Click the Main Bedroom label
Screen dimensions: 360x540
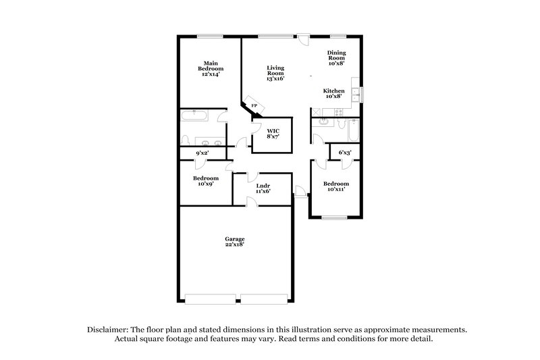pos(211,68)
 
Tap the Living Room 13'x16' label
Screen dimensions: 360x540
pos(275,73)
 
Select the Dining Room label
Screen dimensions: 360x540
pos(336,57)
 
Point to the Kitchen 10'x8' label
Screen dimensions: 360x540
pos(333,93)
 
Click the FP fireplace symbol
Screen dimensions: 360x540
pos(254,107)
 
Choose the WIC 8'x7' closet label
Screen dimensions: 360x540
pos(273,132)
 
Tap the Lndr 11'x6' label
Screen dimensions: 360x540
pos(263,188)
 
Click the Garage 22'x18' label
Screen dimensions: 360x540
pos(235,242)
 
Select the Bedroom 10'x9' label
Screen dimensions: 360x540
pos(206,181)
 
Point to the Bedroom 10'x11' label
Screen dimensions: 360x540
pos(335,187)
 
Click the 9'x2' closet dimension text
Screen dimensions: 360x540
pos(202,153)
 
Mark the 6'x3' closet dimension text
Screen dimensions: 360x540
pos(345,153)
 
